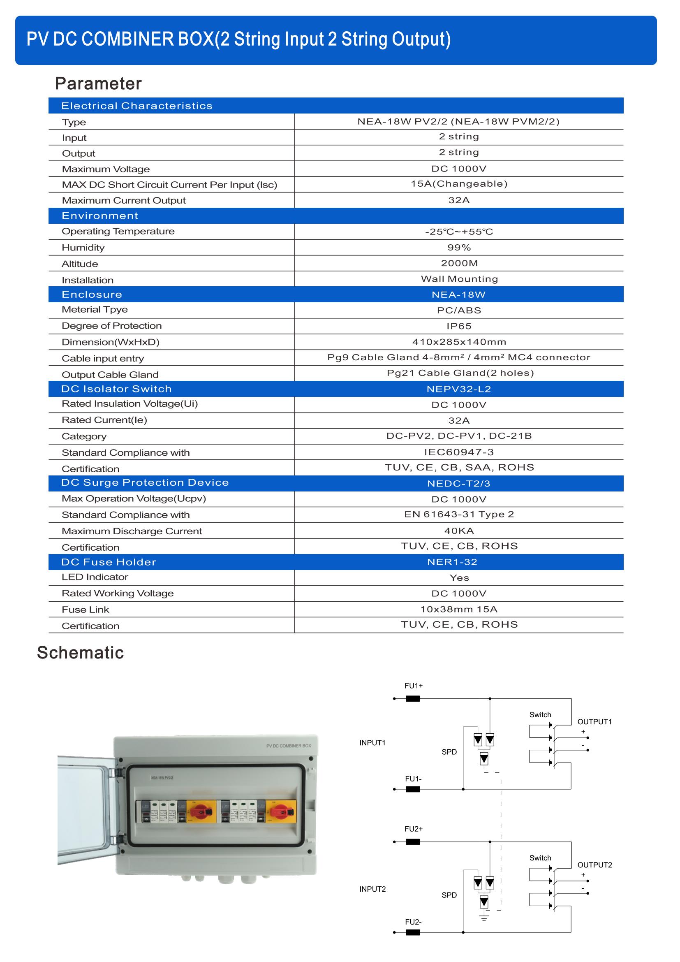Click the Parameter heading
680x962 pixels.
pos(98,83)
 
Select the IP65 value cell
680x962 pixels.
pos(459,326)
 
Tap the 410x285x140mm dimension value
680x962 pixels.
pos(459,342)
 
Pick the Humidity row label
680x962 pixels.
pos(83,248)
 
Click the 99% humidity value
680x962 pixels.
pos(459,248)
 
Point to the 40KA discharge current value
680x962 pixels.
pos(459,531)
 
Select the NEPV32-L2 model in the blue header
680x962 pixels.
pos(459,389)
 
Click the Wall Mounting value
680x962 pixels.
pos(459,279)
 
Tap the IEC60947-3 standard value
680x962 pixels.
pos(459,452)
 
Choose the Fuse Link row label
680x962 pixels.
pos(86,610)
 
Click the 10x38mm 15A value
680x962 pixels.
pos(459,609)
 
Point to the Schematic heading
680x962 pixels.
pos(81,653)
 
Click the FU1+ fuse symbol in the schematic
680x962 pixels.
pos(413,698)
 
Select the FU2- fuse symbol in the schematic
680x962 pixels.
pos(413,933)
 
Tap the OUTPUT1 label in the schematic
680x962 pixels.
pos(594,721)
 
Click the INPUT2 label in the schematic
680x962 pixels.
pos(372,889)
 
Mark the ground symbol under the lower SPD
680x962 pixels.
pos(484,919)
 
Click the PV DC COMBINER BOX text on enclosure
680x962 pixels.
pos(289,746)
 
